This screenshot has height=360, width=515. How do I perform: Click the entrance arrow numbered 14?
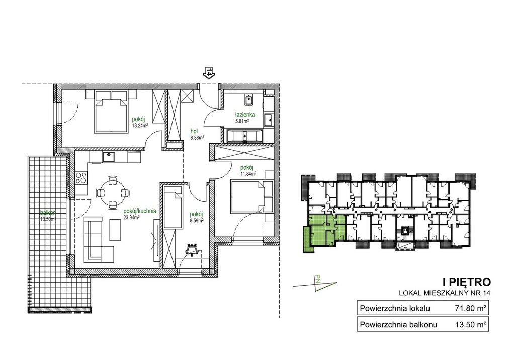(209, 72)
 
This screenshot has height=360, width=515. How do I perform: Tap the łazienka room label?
(245, 115)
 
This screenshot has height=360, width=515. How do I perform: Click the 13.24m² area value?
(140, 125)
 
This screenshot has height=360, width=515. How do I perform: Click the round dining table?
(113, 193)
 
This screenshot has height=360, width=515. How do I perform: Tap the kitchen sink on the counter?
(108, 157)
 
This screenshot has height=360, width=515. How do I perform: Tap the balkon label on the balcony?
(46, 212)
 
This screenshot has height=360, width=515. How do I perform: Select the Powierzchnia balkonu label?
(398, 325)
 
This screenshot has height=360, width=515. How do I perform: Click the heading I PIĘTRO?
(467, 282)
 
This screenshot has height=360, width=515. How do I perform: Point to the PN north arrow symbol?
(315, 283)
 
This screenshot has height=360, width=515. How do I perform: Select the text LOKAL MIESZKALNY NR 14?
(445, 293)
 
